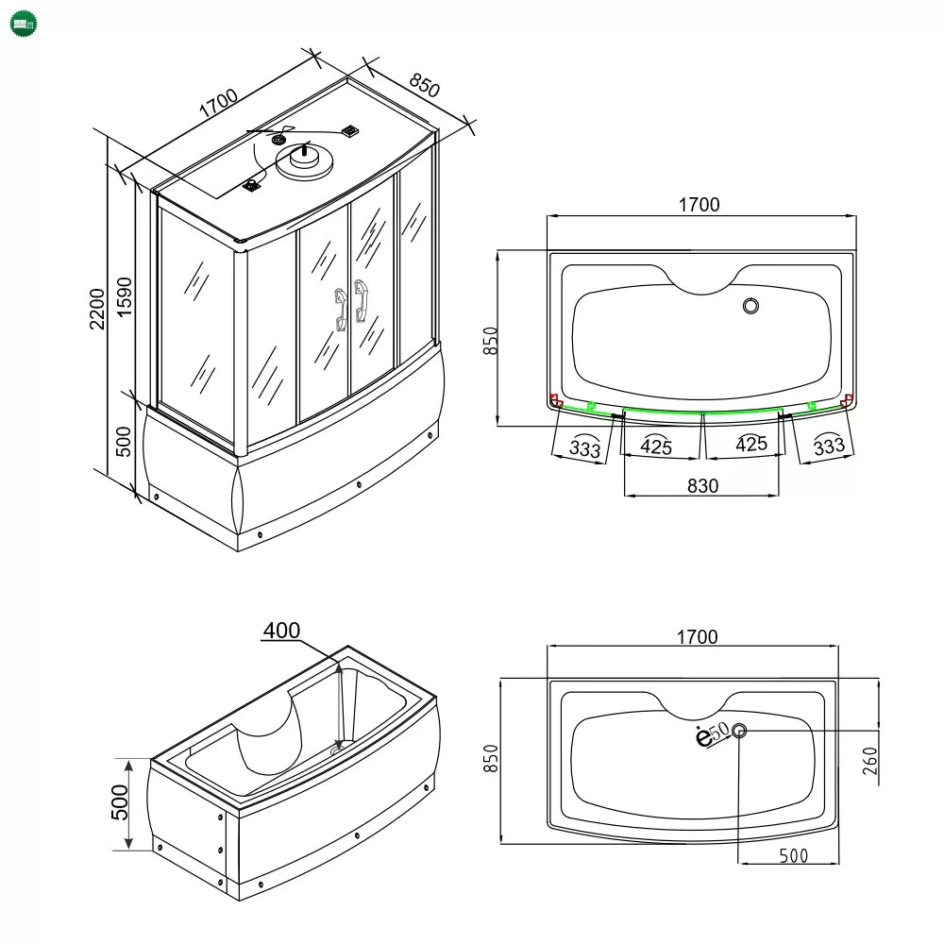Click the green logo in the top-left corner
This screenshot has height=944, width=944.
point(24,25)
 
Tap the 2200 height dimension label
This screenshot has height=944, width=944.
point(97,309)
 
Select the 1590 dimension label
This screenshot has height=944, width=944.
point(124,296)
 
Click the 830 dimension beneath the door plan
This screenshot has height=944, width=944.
point(702,486)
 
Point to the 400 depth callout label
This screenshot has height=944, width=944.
point(281,631)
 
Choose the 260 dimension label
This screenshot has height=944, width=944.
point(870,761)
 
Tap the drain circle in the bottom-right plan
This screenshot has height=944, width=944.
point(739,731)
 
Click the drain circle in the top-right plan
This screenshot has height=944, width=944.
point(750,306)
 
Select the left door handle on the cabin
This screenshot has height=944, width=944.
point(341,310)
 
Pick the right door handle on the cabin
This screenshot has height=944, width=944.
point(362,301)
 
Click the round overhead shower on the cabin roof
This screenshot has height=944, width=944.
point(304,160)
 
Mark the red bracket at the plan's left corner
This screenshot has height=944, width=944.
point(555,400)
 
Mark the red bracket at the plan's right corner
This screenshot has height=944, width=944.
point(848,399)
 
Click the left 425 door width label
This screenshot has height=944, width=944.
point(656,447)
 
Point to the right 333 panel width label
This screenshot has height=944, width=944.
point(829,446)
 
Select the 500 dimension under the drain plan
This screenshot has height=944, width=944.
point(794,855)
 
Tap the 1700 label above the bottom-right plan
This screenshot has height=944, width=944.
point(698,637)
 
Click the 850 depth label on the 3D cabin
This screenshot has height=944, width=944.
point(425,85)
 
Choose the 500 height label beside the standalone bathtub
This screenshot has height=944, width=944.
point(120,801)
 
